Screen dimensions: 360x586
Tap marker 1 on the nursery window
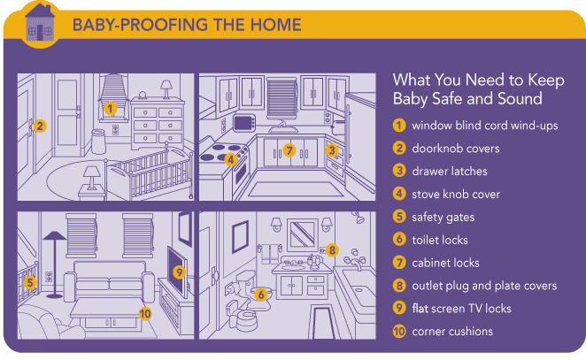pyautogui.click(x=111, y=109)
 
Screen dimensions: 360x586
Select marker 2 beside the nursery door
pyautogui.click(x=39, y=126)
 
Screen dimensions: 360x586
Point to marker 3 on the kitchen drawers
pyautogui.click(x=332, y=150)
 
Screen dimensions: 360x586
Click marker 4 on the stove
pyautogui.click(x=229, y=160)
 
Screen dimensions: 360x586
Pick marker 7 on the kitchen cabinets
pyautogui.click(x=289, y=150)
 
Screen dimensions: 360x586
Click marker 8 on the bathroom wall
pyautogui.click(x=331, y=250)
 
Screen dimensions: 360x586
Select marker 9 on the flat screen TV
pyautogui.click(x=178, y=272)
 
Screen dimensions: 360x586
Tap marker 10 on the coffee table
pyautogui.click(x=145, y=313)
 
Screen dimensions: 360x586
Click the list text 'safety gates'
pyautogui.click(x=443, y=217)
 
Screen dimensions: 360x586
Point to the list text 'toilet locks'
pyautogui.click(x=440, y=240)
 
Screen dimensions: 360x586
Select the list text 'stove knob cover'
pyautogui.click(x=456, y=194)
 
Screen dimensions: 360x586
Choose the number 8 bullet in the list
pyautogui.click(x=399, y=286)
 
